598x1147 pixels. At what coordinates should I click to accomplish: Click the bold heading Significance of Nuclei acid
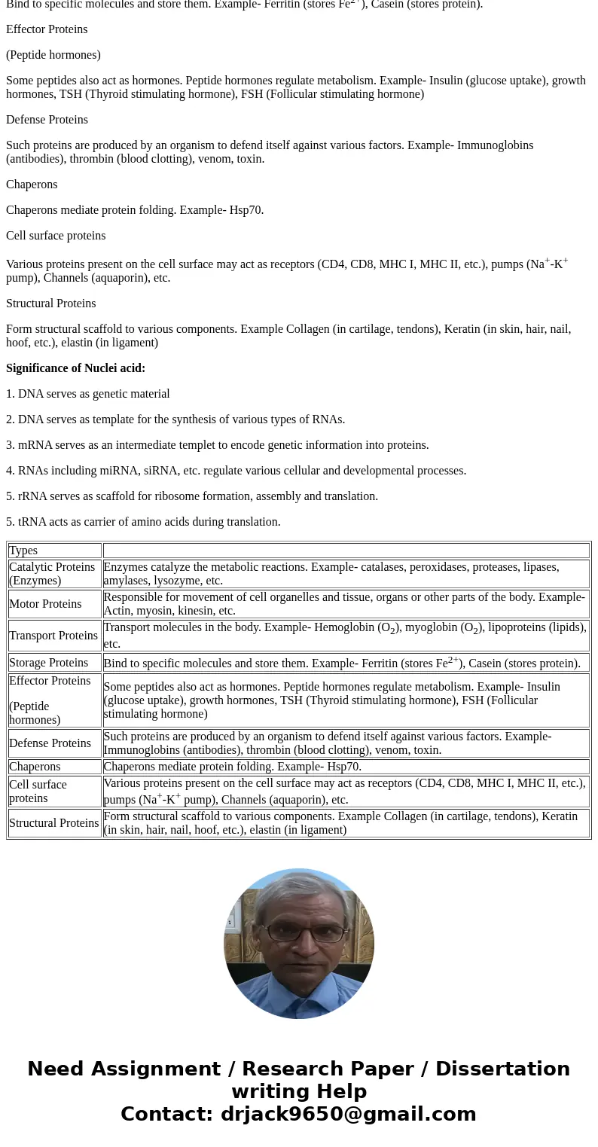click(x=75, y=368)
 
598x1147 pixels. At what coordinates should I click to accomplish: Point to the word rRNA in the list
click(x=32, y=496)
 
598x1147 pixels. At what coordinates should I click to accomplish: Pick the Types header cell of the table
click(x=23, y=551)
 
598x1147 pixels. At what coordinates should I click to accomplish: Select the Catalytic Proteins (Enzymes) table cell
click(x=52, y=574)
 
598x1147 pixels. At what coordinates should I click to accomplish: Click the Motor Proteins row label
click(x=45, y=604)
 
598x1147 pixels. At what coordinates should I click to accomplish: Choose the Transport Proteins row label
click(x=53, y=636)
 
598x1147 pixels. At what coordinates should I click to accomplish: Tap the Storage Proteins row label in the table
click(x=48, y=663)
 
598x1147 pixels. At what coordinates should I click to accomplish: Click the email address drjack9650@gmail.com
click(x=348, y=1115)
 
